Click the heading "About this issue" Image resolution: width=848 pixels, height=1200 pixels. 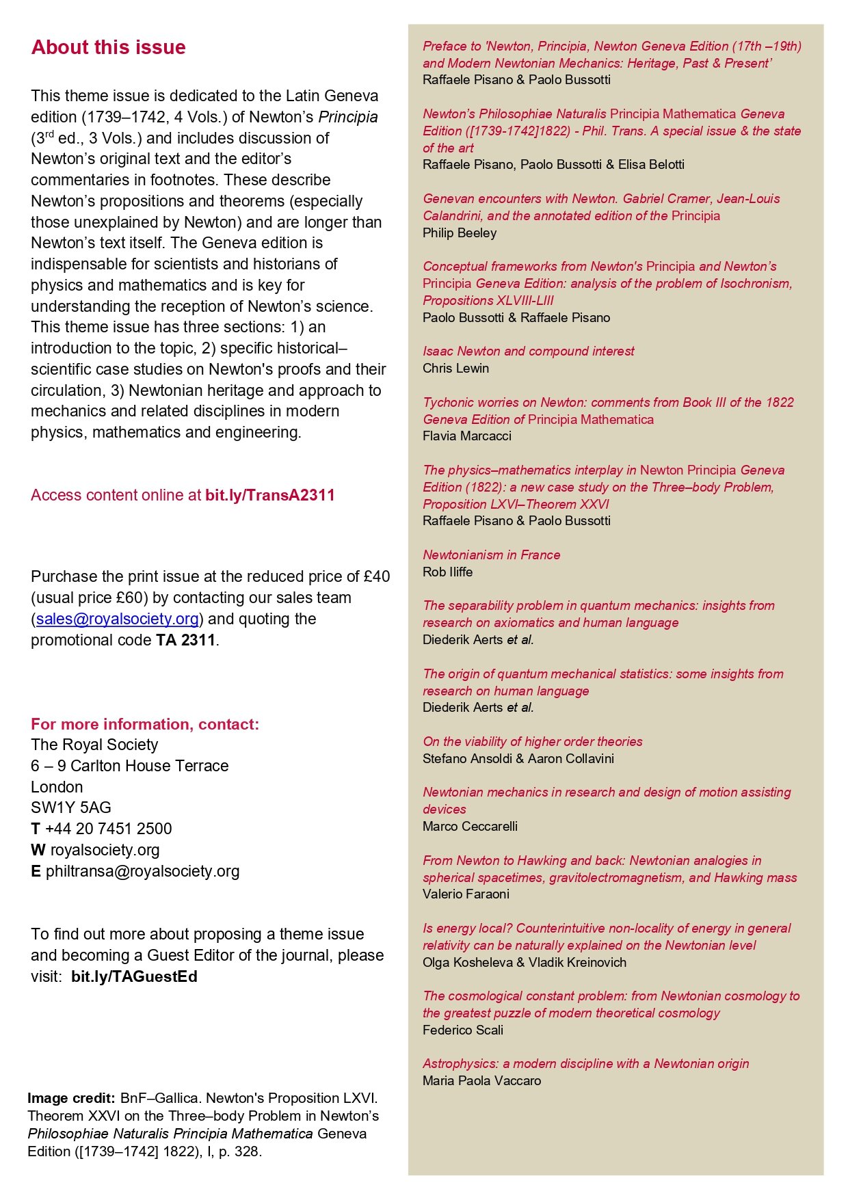(x=108, y=47)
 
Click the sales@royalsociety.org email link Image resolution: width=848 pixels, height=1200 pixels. (x=118, y=619)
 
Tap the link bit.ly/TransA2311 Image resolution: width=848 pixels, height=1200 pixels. (x=269, y=495)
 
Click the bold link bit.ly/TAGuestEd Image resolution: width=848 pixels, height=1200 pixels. (x=134, y=976)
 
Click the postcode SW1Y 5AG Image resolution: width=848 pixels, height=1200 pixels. (x=71, y=808)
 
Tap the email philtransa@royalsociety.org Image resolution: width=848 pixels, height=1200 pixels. (x=142, y=871)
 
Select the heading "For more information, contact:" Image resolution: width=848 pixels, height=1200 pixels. (x=145, y=724)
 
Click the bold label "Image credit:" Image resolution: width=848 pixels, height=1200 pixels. (x=71, y=1098)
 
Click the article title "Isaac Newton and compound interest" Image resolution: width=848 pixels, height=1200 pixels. (x=528, y=351)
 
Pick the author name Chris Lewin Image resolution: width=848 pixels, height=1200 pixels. (x=455, y=368)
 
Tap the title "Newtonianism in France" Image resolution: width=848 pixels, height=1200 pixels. (x=491, y=555)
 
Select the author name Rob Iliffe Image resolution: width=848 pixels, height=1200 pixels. (x=447, y=572)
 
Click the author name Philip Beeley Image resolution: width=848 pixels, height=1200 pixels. (x=460, y=232)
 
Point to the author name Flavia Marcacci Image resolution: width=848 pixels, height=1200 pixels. (x=466, y=436)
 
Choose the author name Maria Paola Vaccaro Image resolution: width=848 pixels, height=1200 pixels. (x=481, y=1080)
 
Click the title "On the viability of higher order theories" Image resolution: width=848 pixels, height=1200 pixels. (x=532, y=741)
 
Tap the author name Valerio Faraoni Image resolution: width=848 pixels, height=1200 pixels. (x=466, y=894)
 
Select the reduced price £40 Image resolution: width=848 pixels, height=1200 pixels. (x=377, y=576)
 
